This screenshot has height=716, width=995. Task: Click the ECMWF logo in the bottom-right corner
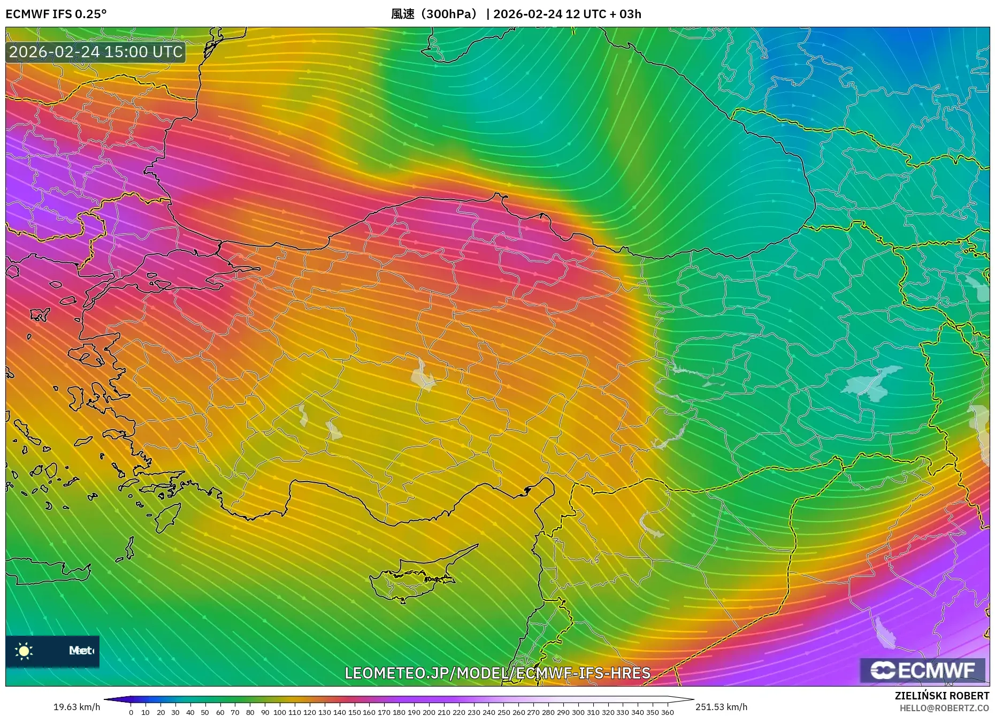tap(922, 671)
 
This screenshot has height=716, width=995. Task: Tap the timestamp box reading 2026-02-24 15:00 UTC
tap(96, 52)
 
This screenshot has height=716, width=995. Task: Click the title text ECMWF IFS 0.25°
tap(56, 14)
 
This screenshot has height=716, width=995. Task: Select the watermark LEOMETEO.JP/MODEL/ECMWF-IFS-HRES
tap(497, 673)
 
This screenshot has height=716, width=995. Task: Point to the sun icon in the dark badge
tap(24, 651)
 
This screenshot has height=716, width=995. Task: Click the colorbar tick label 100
tap(279, 712)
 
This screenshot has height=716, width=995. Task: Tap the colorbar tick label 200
tap(428, 712)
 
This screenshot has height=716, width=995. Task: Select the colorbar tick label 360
tap(667, 712)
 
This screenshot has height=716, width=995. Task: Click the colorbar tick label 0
tap(131, 712)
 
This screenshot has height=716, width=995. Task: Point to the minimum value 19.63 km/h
tap(76, 707)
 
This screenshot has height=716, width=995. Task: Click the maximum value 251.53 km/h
tap(721, 707)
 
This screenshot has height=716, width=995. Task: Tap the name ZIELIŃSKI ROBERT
tap(942, 696)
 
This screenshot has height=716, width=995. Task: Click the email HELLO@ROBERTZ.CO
tap(944, 708)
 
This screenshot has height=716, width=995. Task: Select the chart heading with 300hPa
tap(433, 14)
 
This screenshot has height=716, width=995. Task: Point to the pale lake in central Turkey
tap(423, 376)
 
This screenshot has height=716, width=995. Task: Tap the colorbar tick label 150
tap(354, 712)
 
